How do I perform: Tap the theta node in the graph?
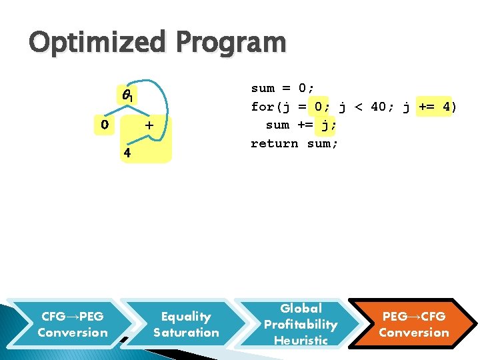[127, 97]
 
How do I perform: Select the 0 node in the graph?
[103, 124]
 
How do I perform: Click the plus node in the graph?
[149, 125]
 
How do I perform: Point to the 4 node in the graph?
[126, 153]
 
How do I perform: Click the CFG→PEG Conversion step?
[73, 325]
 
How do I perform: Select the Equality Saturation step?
[186, 325]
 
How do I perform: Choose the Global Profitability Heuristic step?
[301, 325]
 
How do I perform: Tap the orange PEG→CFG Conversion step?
[414, 325]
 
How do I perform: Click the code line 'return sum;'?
[294, 143]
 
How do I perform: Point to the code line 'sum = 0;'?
[283, 88]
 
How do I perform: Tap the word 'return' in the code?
[274, 143]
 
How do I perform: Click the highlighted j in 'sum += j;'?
[325, 125]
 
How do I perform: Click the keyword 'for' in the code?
[262, 107]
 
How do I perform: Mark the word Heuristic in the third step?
[301, 340]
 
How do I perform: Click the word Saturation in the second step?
[186, 333]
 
